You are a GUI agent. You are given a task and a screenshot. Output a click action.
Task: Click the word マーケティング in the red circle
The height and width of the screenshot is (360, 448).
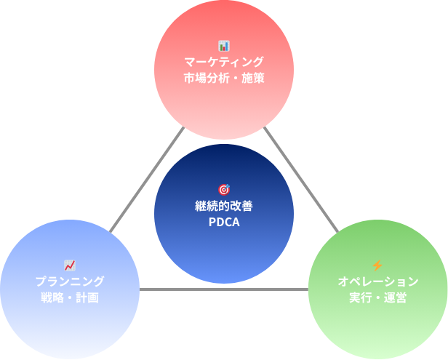pyautogui.click(x=224, y=62)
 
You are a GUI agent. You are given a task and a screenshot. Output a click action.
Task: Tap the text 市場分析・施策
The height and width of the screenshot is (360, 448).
pyautogui.click(x=224, y=78)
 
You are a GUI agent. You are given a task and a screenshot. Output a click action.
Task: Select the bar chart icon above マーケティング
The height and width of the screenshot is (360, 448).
pyautogui.click(x=224, y=46)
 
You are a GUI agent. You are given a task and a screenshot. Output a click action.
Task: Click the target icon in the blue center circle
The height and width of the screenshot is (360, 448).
pyautogui.click(x=224, y=190)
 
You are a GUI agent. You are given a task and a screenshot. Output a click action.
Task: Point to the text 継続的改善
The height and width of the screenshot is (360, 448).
pyautogui.click(x=224, y=207)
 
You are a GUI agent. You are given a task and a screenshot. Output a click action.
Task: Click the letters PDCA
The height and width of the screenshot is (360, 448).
pyautogui.click(x=224, y=223)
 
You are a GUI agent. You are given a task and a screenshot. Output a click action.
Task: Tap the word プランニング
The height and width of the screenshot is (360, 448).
pyautogui.click(x=70, y=281)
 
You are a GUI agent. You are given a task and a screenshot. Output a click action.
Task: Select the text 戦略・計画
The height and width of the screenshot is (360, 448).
pyautogui.click(x=70, y=297)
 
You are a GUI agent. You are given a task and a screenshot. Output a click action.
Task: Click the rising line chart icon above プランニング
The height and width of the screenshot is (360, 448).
pyautogui.click(x=70, y=265)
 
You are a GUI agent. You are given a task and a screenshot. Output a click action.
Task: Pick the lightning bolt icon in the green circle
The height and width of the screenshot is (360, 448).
pyautogui.click(x=377, y=265)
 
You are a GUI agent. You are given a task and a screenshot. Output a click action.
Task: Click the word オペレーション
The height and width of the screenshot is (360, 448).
pyautogui.click(x=377, y=281)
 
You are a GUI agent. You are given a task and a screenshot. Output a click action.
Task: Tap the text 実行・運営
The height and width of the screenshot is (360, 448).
pyautogui.click(x=377, y=297)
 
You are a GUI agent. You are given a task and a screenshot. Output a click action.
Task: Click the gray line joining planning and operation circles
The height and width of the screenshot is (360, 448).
pyautogui.click(x=224, y=290)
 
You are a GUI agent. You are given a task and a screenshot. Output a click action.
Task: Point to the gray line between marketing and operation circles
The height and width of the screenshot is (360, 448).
pyautogui.click(x=301, y=179)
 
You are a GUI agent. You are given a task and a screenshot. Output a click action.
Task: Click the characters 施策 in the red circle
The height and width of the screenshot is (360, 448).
pyautogui.click(x=252, y=78)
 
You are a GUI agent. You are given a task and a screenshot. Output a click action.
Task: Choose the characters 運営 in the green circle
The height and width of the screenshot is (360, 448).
pyautogui.click(x=395, y=297)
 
